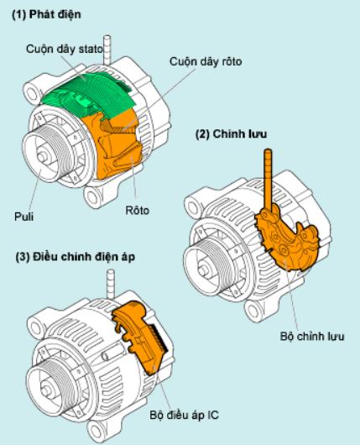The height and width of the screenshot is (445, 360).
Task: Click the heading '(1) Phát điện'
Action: [46, 14]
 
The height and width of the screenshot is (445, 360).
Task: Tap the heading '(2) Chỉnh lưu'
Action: [232, 133]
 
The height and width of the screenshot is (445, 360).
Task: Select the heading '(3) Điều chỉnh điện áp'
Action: [76, 257]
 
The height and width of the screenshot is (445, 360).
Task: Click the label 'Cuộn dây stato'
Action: [65, 49]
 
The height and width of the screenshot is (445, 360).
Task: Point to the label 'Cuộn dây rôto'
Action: [206, 61]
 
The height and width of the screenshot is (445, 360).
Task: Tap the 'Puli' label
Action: [23, 217]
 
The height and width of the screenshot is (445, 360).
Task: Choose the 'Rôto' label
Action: [138, 211]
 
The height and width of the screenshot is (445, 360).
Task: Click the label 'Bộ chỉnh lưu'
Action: [312, 337]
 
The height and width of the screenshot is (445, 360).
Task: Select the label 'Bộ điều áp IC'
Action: [185, 416]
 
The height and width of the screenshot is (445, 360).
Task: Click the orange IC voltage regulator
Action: [139, 338]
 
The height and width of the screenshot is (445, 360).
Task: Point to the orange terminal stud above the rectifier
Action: [268, 181]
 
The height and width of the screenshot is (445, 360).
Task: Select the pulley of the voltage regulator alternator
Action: [48, 389]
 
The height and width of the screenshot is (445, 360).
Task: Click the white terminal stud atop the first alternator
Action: [107, 49]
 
